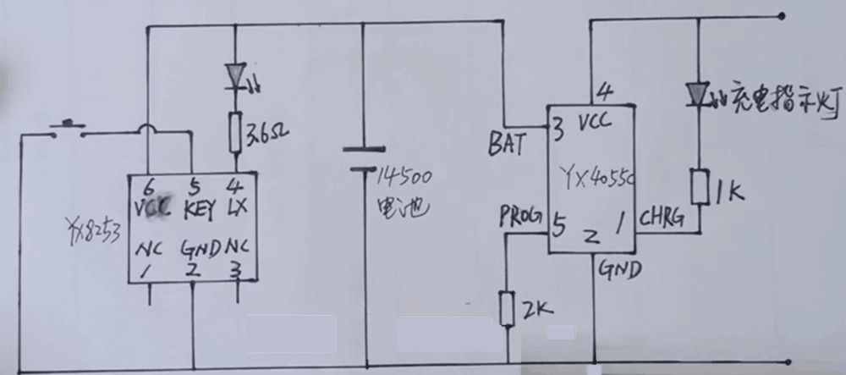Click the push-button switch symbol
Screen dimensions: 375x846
tap(66, 128)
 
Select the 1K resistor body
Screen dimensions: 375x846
tap(700, 186)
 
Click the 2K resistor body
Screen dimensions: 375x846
tap(508, 308)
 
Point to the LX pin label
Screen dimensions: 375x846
tap(241, 207)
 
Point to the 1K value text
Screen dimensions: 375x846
tap(729, 192)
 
